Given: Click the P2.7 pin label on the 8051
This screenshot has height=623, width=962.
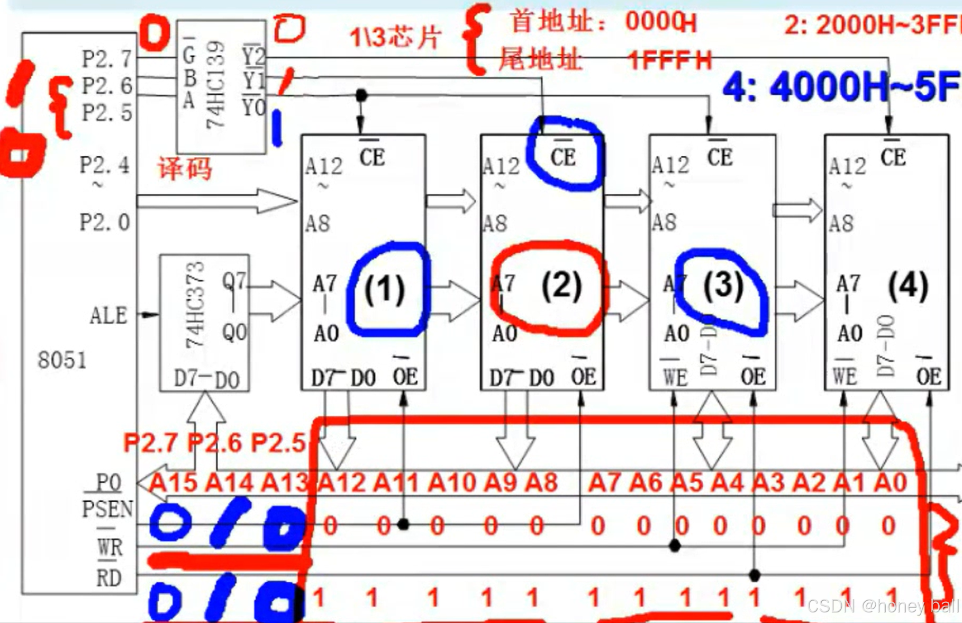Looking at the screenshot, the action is point(107,58).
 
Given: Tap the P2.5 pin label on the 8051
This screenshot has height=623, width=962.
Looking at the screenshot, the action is point(107,113).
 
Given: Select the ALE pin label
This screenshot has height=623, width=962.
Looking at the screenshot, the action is point(108,316).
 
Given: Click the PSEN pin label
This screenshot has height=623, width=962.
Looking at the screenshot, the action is point(107,509).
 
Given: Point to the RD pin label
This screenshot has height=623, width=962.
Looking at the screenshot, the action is point(108,577).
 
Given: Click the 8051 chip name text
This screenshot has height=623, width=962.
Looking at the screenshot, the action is point(62,360).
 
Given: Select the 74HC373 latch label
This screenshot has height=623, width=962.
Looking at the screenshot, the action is point(195,305).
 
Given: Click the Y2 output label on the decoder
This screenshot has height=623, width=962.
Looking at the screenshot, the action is point(253,56).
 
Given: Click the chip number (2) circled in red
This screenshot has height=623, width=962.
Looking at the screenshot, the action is point(561,287).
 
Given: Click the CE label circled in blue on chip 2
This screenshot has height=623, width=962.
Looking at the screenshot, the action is point(562,157).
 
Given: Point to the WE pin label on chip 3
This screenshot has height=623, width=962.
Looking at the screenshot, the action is point(675,377).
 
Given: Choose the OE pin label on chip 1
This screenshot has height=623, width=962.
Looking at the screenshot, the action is point(405,376).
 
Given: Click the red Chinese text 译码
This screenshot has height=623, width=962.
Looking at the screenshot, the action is point(185,169).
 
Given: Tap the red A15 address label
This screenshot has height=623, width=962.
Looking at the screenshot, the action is point(173,483).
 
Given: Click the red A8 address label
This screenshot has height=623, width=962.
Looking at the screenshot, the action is point(541,483).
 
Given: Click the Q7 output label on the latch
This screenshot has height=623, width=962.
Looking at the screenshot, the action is point(234,281).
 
